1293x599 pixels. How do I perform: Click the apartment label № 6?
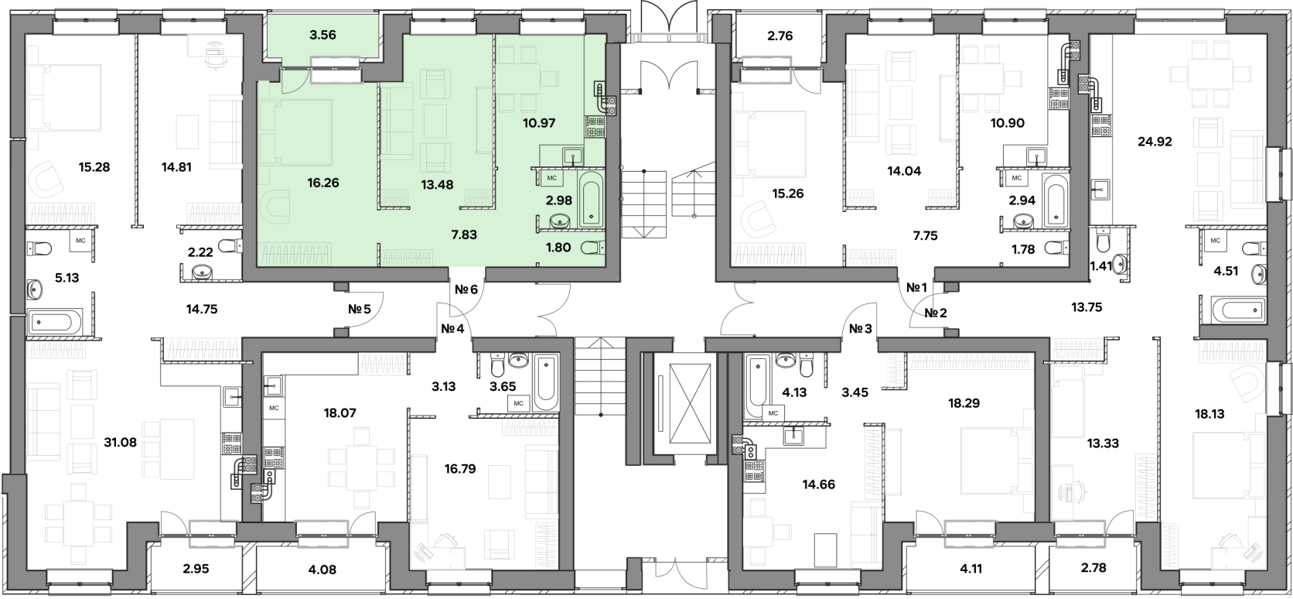click(x=466, y=289)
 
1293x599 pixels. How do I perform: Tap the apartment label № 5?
click(x=359, y=309)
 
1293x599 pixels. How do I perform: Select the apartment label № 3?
click(x=860, y=329)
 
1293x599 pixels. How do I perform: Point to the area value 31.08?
click(x=120, y=443)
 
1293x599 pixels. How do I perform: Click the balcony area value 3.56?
click(x=322, y=35)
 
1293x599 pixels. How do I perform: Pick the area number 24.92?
click(x=1155, y=142)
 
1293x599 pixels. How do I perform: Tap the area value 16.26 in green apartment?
click(x=323, y=183)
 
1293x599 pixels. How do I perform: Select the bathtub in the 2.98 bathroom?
click(x=591, y=198)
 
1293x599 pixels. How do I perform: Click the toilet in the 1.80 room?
click(x=592, y=248)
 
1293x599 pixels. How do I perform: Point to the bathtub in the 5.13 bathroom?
click(x=54, y=322)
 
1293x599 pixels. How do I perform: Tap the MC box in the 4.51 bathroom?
click(x=1215, y=240)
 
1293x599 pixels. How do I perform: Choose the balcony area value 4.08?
click(x=322, y=570)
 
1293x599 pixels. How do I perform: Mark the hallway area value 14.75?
click(x=202, y=309)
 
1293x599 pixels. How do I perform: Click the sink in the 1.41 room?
click(x=1121, y=265)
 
